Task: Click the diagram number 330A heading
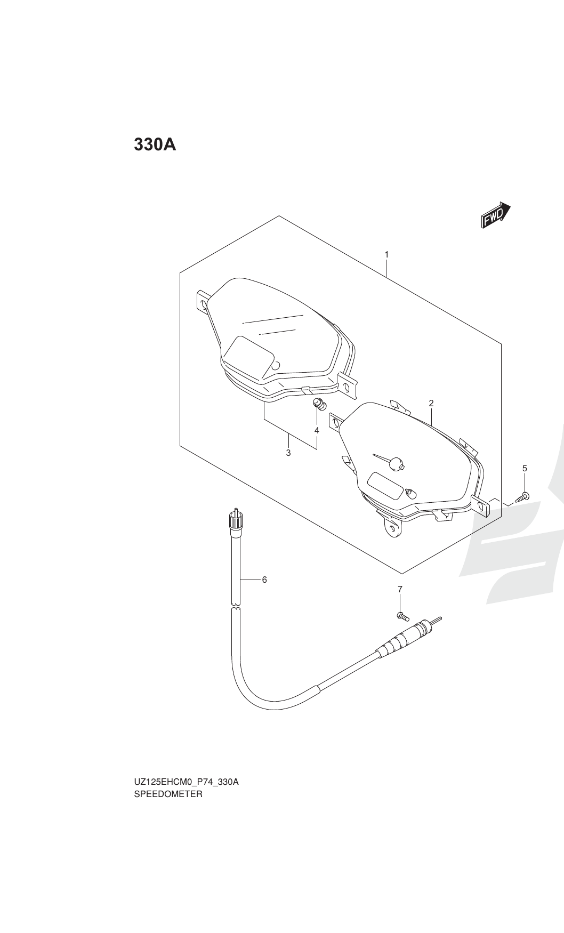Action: pyautogui.click(x=155, y=144)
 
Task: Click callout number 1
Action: pyautogui.click(x=386, y=254)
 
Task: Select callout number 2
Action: pyautogui.click(x=431, y=404)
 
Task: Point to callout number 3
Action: pyautogui.click(x=288, y=453)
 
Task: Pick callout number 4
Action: pyautogui.click(x=317, y=430)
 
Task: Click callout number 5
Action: pyautogui.click(x=525, y=468)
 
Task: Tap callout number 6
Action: pyautogui.click(x=264, y=580)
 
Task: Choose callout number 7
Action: pyautogui.click(x=400, y=589)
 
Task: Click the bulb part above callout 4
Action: pyautogui.click(x=319, y=405)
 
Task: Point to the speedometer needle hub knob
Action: pyautogui.click(x=396, y=464)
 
